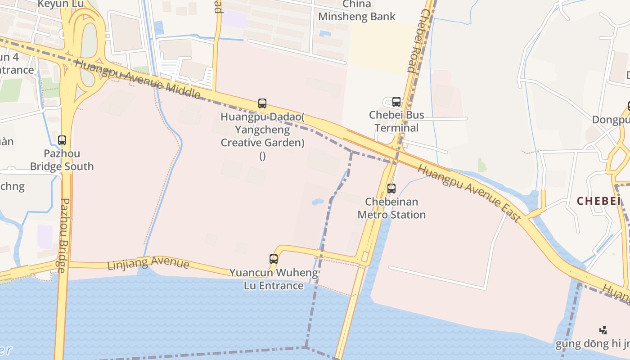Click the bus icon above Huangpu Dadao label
262,103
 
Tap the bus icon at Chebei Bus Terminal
396,102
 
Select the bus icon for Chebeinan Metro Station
391,189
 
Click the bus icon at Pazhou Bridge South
62,140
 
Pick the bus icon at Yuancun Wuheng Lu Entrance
274,259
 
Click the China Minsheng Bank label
357,10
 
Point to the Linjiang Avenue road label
148,263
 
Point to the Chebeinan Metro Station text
391,208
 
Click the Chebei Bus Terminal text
396,121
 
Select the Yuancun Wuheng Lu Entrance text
274,279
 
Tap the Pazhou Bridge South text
62,160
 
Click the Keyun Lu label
61,4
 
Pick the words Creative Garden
262,143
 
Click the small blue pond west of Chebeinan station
317,202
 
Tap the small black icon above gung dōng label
603,330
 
